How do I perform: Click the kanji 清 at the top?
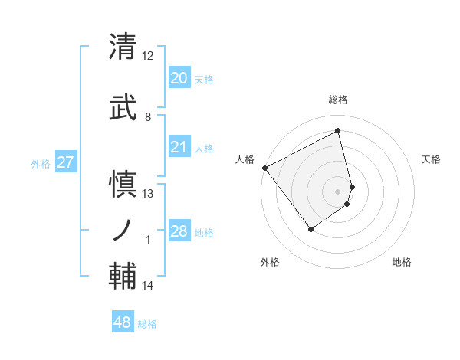(123, 47)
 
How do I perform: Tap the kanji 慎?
(123, 184)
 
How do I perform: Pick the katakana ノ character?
(123, 229)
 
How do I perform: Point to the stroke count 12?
(148, 56)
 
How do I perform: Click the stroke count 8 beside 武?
(148, 116)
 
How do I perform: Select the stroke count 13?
(148, 194)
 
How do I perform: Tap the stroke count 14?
(148, 286)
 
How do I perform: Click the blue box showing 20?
(179, 78)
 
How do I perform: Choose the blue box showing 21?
(179, 147)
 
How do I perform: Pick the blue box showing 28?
(179, 231)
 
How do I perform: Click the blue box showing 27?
(65, 162)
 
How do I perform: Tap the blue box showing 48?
(122, 323)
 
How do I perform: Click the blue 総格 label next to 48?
(147, 324)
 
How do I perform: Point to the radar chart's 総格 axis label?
(337, 100)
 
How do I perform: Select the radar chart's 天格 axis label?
(431, 159)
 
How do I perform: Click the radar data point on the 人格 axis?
(264, 168)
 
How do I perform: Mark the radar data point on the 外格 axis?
(311, 228)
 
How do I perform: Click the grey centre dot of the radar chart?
(337, 191)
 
